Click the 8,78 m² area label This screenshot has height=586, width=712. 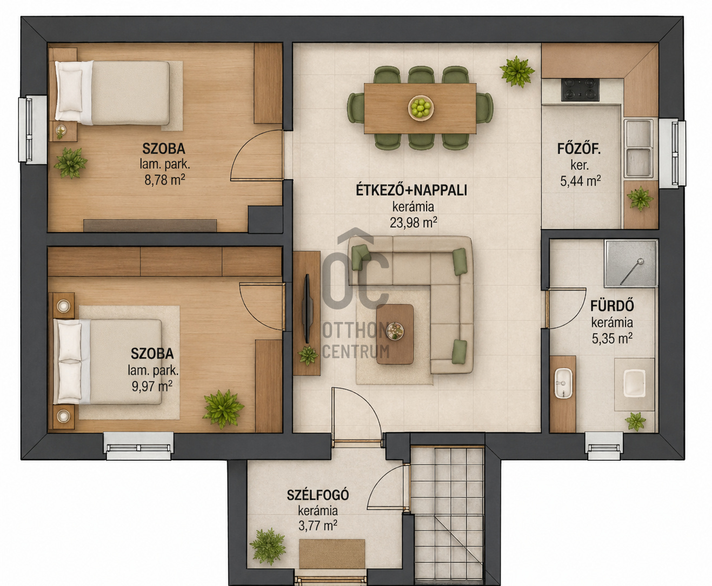pyautogui.click(x=165, y=179)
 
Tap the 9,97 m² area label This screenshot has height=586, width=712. pyautogui.click(x=152, y=386)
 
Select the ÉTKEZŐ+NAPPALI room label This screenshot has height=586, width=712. pyautogui.click(x=411, y=191)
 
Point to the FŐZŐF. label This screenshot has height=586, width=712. pyautogui.click(x=579, y=149)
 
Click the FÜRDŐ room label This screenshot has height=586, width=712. pyautogui.click(x=612, y=306)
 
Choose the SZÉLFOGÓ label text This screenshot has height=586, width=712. pyautogui.click(x=318, y=495)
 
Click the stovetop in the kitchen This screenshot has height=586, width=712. pyautogui.click(x=580, y=90)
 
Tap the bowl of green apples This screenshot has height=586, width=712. pyautogui.click(x=421, y=108)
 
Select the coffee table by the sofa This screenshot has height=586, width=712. pyautogui.click(x=395, y=334)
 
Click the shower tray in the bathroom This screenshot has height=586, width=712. pyautogui.click(x=631, y=264)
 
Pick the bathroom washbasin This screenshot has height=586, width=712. pyautogui.click(x=563, y=383)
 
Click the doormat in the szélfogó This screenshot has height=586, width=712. pyautogui.click(x=332, y=554)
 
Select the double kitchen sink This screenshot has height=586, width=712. pyautogui.click(x=638, y=148)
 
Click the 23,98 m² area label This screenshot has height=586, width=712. pyautogui.click(x=413, y=223)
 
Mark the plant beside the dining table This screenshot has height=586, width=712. pyautogui.click(x=517, y=72)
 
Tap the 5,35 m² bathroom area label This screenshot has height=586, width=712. pyautogui.click(x=612, y=339)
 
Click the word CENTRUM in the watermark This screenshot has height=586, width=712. pyautogui.click(x=356, y=352)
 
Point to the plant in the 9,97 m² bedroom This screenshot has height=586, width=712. pyautogui.click(x=223, y=409)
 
